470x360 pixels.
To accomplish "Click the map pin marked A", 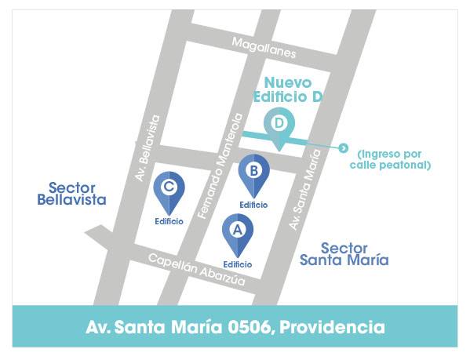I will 238,232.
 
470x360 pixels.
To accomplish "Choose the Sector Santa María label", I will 344,253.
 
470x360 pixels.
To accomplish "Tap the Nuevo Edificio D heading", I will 288,89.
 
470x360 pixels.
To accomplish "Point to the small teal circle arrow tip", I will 342,147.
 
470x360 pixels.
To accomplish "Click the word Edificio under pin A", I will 237,264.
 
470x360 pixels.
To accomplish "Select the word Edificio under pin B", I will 253,205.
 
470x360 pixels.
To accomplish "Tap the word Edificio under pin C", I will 169,221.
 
